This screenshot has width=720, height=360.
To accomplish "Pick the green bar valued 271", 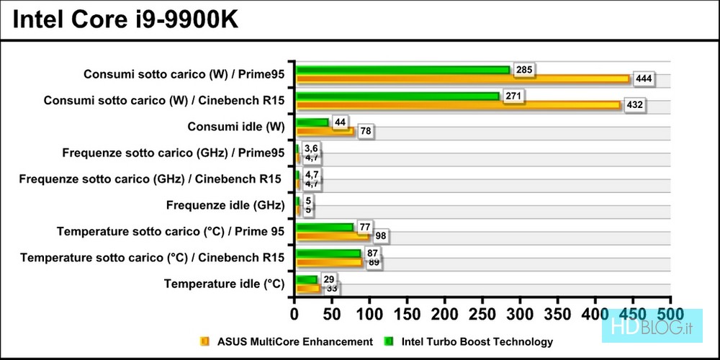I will pos(397,96).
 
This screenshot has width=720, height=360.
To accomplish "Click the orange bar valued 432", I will pos(458,105).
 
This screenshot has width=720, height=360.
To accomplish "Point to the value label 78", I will pos(364,131).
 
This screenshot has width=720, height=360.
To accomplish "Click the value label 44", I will pos(340,122).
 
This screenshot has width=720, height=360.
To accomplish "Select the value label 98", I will pos(380,236).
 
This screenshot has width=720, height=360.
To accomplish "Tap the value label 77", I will pos(364,227).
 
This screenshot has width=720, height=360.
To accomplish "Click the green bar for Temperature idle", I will pos(306,279).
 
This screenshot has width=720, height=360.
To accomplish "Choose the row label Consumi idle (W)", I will pos(235,127).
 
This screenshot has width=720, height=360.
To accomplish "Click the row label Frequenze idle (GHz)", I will pos(225,205).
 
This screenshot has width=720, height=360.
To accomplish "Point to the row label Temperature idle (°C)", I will pos(224,284).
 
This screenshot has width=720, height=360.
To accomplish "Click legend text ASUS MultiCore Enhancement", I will pos(294,342).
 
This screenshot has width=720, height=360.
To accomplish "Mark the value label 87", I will pos(372,253).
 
